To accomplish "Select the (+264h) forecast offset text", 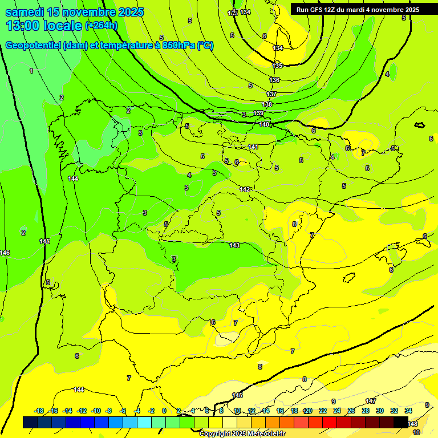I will pos(102,26).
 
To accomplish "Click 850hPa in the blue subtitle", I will pos(177,46).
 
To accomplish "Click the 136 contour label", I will pos(275,80).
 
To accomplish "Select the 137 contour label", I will pos(271,94).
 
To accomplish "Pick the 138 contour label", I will pos(267,104).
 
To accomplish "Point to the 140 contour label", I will pos(264,124).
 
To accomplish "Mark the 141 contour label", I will pos(253,147).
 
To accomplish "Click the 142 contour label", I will pos(245,189).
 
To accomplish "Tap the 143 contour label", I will pos(234,245).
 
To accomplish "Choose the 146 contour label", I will pos(5,253).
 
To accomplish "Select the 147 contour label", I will pos(371,401).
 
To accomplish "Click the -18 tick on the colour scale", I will pos(39,411).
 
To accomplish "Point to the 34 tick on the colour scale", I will pos(408,411).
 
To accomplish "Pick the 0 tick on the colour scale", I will pos(164,411).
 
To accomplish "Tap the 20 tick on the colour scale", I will pos(308,411).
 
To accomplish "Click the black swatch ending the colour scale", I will pos(400,422).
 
